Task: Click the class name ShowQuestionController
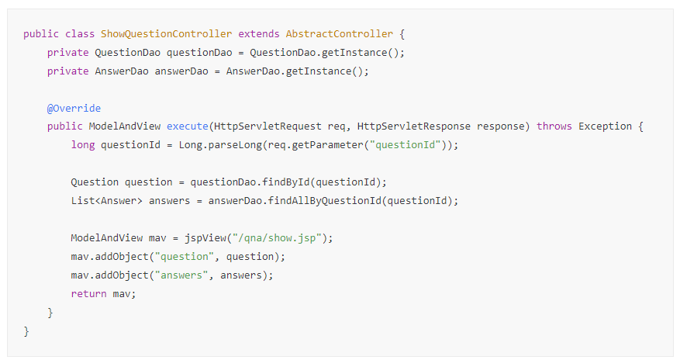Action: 167,34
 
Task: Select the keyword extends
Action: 259,34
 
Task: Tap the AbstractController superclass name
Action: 340,34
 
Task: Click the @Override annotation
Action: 74,108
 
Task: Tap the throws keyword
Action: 554,126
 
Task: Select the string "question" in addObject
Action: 185,257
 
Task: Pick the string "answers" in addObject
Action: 181,275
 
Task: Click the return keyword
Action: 88,294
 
